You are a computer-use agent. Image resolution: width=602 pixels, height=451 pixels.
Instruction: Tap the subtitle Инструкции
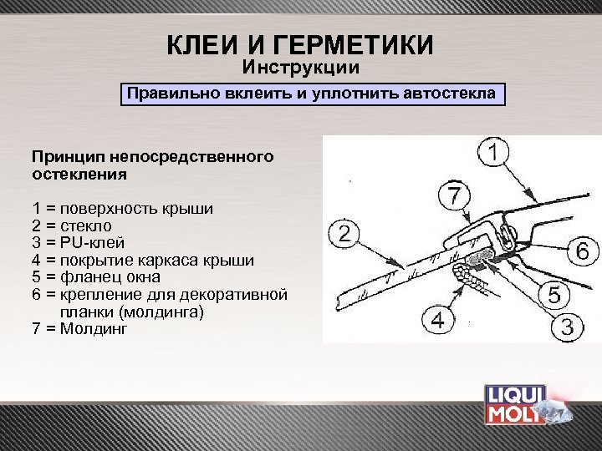point(301,66)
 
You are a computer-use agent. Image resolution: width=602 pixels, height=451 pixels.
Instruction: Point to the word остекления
point(79,175)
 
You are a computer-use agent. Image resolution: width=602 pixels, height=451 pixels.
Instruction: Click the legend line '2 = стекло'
point(72,225)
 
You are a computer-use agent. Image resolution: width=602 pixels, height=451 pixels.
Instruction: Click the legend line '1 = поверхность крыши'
point(122,209)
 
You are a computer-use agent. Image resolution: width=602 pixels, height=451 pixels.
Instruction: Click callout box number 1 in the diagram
point(496,154)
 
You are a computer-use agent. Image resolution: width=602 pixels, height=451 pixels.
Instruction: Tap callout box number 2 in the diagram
point(344,233)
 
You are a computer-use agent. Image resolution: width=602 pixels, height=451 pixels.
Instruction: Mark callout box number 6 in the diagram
point(582,250)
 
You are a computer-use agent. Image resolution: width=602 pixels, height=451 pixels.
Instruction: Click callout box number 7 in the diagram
point(454,196)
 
